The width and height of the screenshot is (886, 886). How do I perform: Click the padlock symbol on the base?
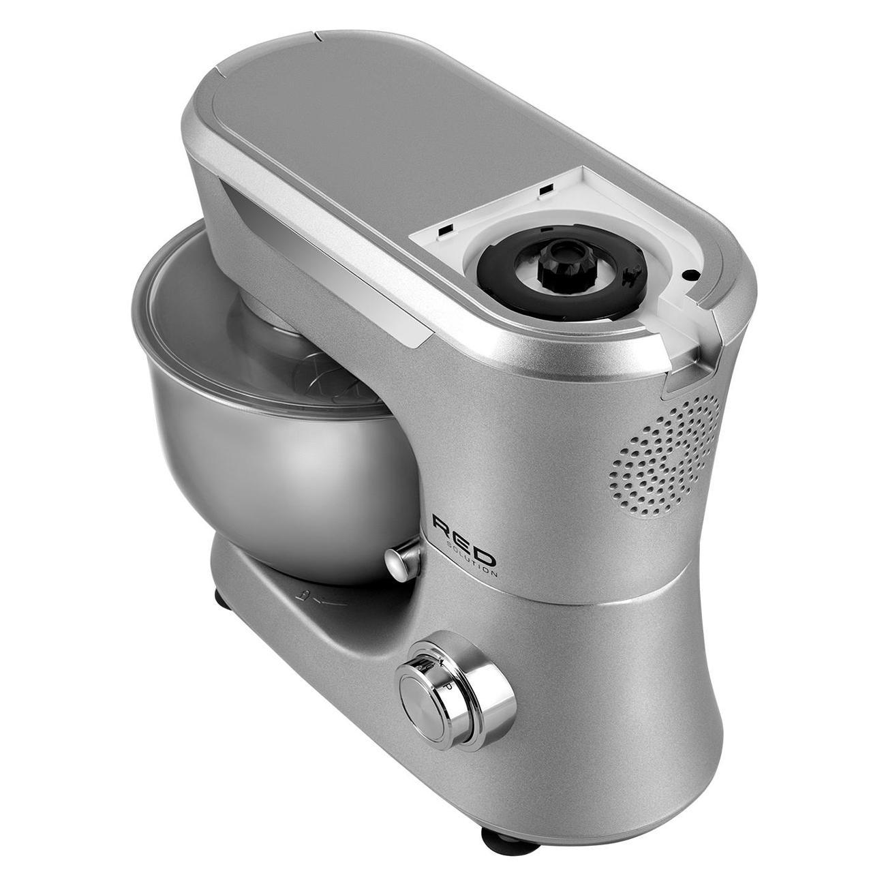pos(301,596)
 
